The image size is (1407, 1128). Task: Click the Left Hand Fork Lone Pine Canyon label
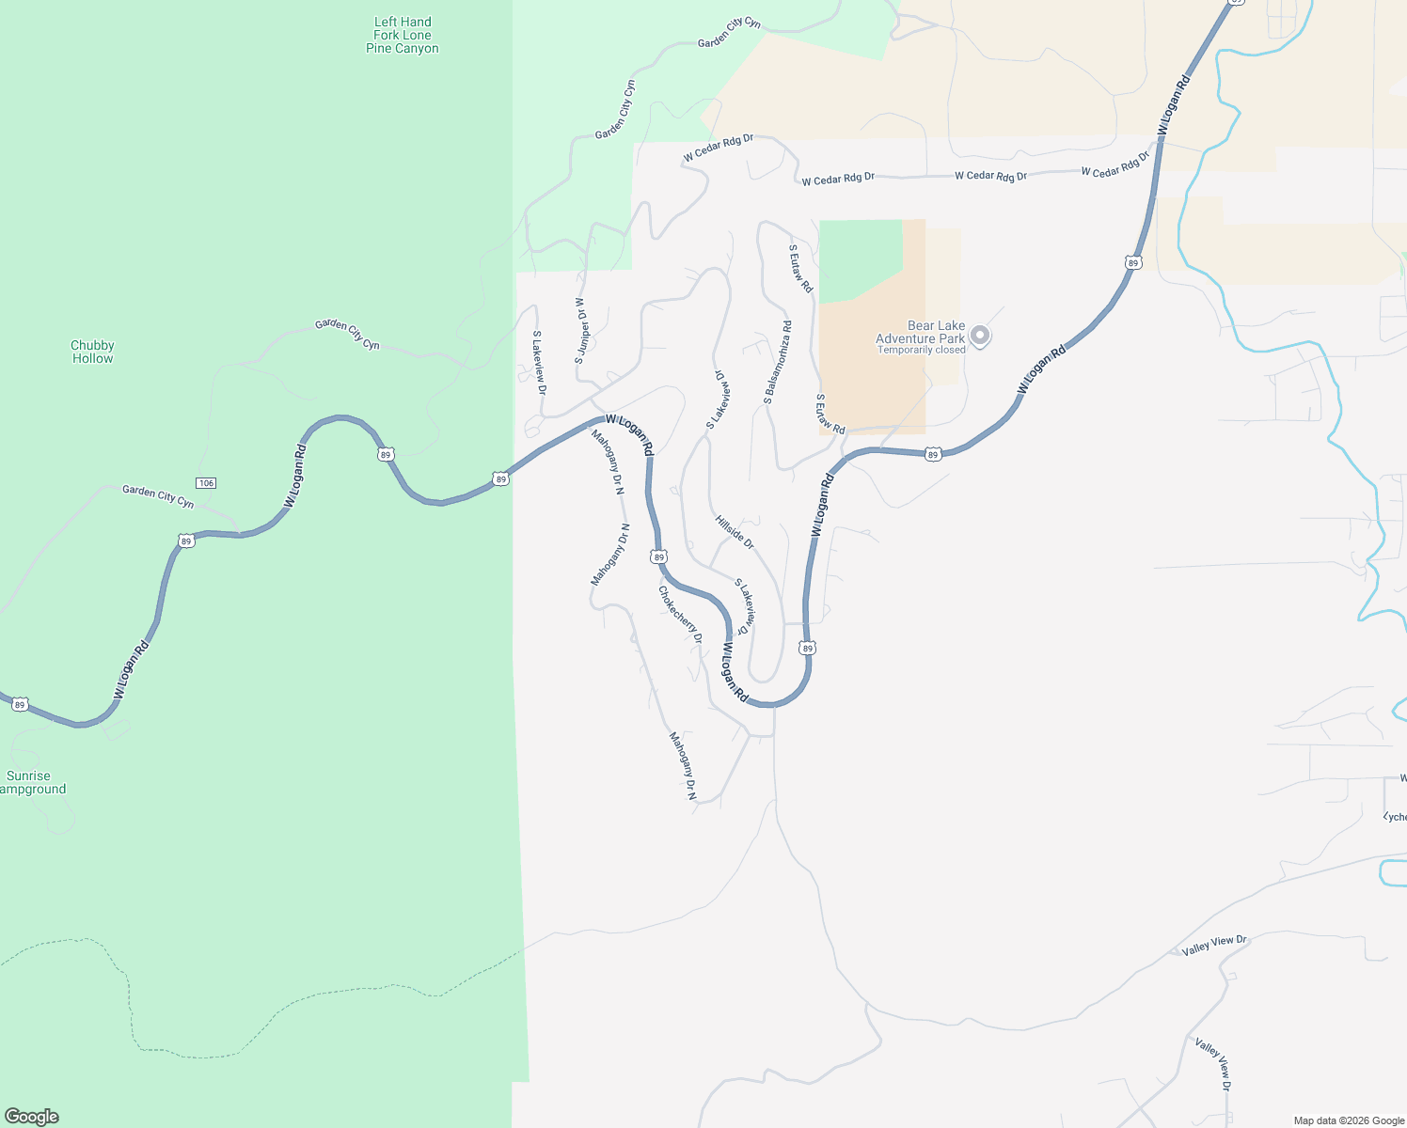[x=403, y=36]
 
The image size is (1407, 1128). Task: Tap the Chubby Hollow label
[x=92, y=352]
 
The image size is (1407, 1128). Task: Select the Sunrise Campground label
[x=30, y=782]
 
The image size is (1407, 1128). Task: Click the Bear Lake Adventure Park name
[x=922, y=332]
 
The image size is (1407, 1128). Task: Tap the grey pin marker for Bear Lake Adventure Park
[x=980, y=336]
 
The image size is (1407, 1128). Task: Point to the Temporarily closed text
[x=922, y=351]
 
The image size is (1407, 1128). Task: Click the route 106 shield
[x=206, y=482]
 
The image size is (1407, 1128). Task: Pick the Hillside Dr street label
[x=735, y=532]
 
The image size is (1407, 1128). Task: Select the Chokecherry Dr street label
[x=680, y=615]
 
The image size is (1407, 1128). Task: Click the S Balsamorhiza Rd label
[x=778, y=363]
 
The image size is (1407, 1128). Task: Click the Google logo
[x=32, y=1117]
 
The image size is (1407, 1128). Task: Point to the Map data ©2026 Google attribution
[x=1349, y=1120]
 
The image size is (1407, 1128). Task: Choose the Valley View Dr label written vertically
[x=1213, y=1064]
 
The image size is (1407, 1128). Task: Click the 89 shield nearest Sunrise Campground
[x=21, y=704]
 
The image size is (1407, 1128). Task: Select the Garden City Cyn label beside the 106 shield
[x=158, y=496]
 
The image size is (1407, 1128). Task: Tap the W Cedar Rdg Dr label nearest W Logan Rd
[x=1115, y=165]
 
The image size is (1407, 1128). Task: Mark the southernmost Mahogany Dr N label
[x=683, y=766]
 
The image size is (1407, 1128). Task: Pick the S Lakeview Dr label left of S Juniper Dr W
[x=539, y=362]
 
